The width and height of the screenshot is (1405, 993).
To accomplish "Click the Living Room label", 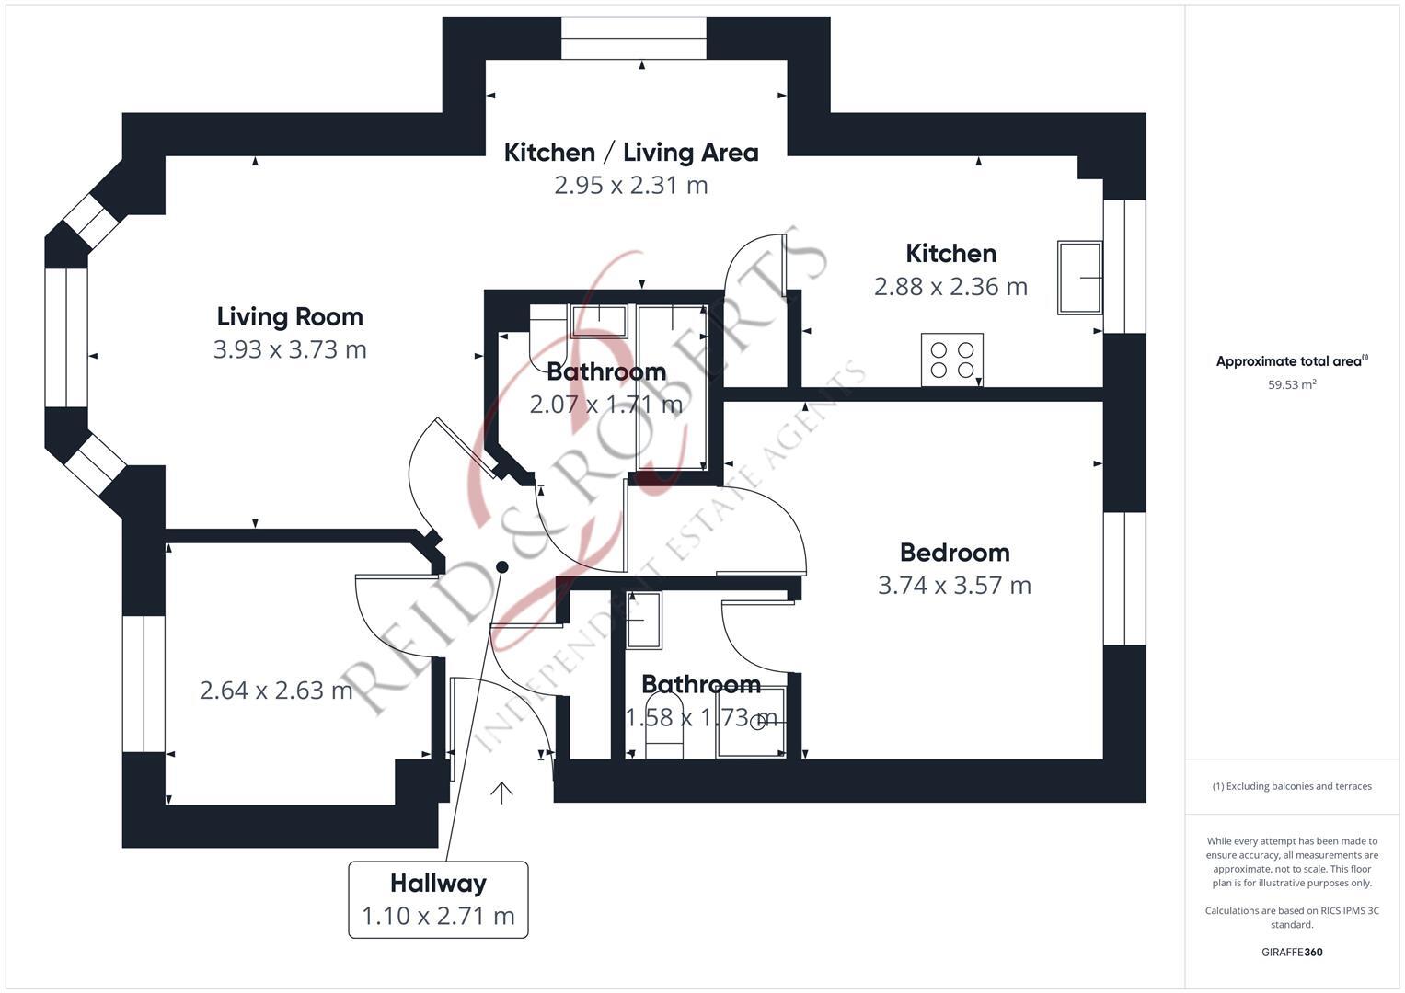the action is click(x=290, y=316).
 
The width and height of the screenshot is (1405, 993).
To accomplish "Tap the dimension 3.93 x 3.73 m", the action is click(x=290, y=349).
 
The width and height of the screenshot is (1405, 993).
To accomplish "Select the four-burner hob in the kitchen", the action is click(x=952, y=359).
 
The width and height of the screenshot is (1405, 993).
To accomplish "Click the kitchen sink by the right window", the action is click(x=1079, y=277).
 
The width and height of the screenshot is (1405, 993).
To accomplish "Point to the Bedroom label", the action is click(x=954, y=553).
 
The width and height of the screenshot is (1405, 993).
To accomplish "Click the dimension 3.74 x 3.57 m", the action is click(x=954, y=586).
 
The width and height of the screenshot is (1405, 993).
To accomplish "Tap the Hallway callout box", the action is click(x=438, y=899).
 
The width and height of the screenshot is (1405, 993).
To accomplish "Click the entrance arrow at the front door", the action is click(x=501, y=793).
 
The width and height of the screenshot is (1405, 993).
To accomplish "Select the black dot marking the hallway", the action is click(x=502, y=566).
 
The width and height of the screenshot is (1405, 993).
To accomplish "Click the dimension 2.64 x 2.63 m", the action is click(x=276, y=690).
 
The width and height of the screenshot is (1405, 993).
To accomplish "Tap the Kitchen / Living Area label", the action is click(x=631, y=152).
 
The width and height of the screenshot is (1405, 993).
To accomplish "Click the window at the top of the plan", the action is click(x=635, y=39).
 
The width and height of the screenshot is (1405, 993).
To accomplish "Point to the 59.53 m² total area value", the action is click(x=1292, y=384).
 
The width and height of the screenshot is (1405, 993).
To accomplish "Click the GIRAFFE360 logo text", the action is click(x=1292, y=952).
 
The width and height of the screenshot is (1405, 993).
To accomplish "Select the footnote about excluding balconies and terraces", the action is click(x=1292, y=786).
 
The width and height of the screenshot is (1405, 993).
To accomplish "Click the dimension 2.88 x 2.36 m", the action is click(x=950, y=287).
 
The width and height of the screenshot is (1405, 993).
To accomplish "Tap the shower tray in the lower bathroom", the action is click(x=752, y=723).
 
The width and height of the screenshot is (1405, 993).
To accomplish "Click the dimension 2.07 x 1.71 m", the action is click(x=605, y=405).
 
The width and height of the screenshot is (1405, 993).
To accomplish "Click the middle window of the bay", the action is click(x=66, y=337).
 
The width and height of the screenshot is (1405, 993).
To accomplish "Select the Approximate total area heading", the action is click(x=1292, y=361).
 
